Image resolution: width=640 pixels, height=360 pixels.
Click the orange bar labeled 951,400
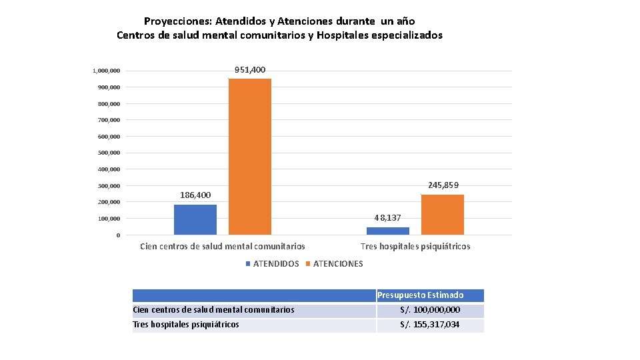(250, 157)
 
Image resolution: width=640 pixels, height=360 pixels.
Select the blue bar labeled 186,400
(195, 219)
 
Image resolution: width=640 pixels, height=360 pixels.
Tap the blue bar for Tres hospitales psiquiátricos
(388, 231)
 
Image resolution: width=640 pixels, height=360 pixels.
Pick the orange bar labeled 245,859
(443, 215)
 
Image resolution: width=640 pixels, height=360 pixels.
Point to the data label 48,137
(388, 218)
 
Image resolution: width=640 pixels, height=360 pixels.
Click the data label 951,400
(250, 70)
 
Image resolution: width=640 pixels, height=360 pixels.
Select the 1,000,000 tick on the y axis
(107, 71)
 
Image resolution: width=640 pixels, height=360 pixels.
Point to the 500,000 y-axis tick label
(109, 153)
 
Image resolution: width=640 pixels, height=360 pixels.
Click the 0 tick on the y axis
(118, 235)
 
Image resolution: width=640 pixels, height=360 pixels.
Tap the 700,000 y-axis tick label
(109, 120)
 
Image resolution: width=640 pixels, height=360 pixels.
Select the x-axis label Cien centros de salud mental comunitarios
(223, 247)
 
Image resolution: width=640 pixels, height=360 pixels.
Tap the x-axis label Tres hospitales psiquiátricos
(415, 247)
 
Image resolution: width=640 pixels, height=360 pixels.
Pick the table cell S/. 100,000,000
(430, 310)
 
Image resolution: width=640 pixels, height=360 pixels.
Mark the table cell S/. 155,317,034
(430, 325)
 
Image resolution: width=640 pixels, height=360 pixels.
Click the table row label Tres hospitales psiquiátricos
(186, 325)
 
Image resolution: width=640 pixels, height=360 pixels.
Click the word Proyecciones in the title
(178, 21)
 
